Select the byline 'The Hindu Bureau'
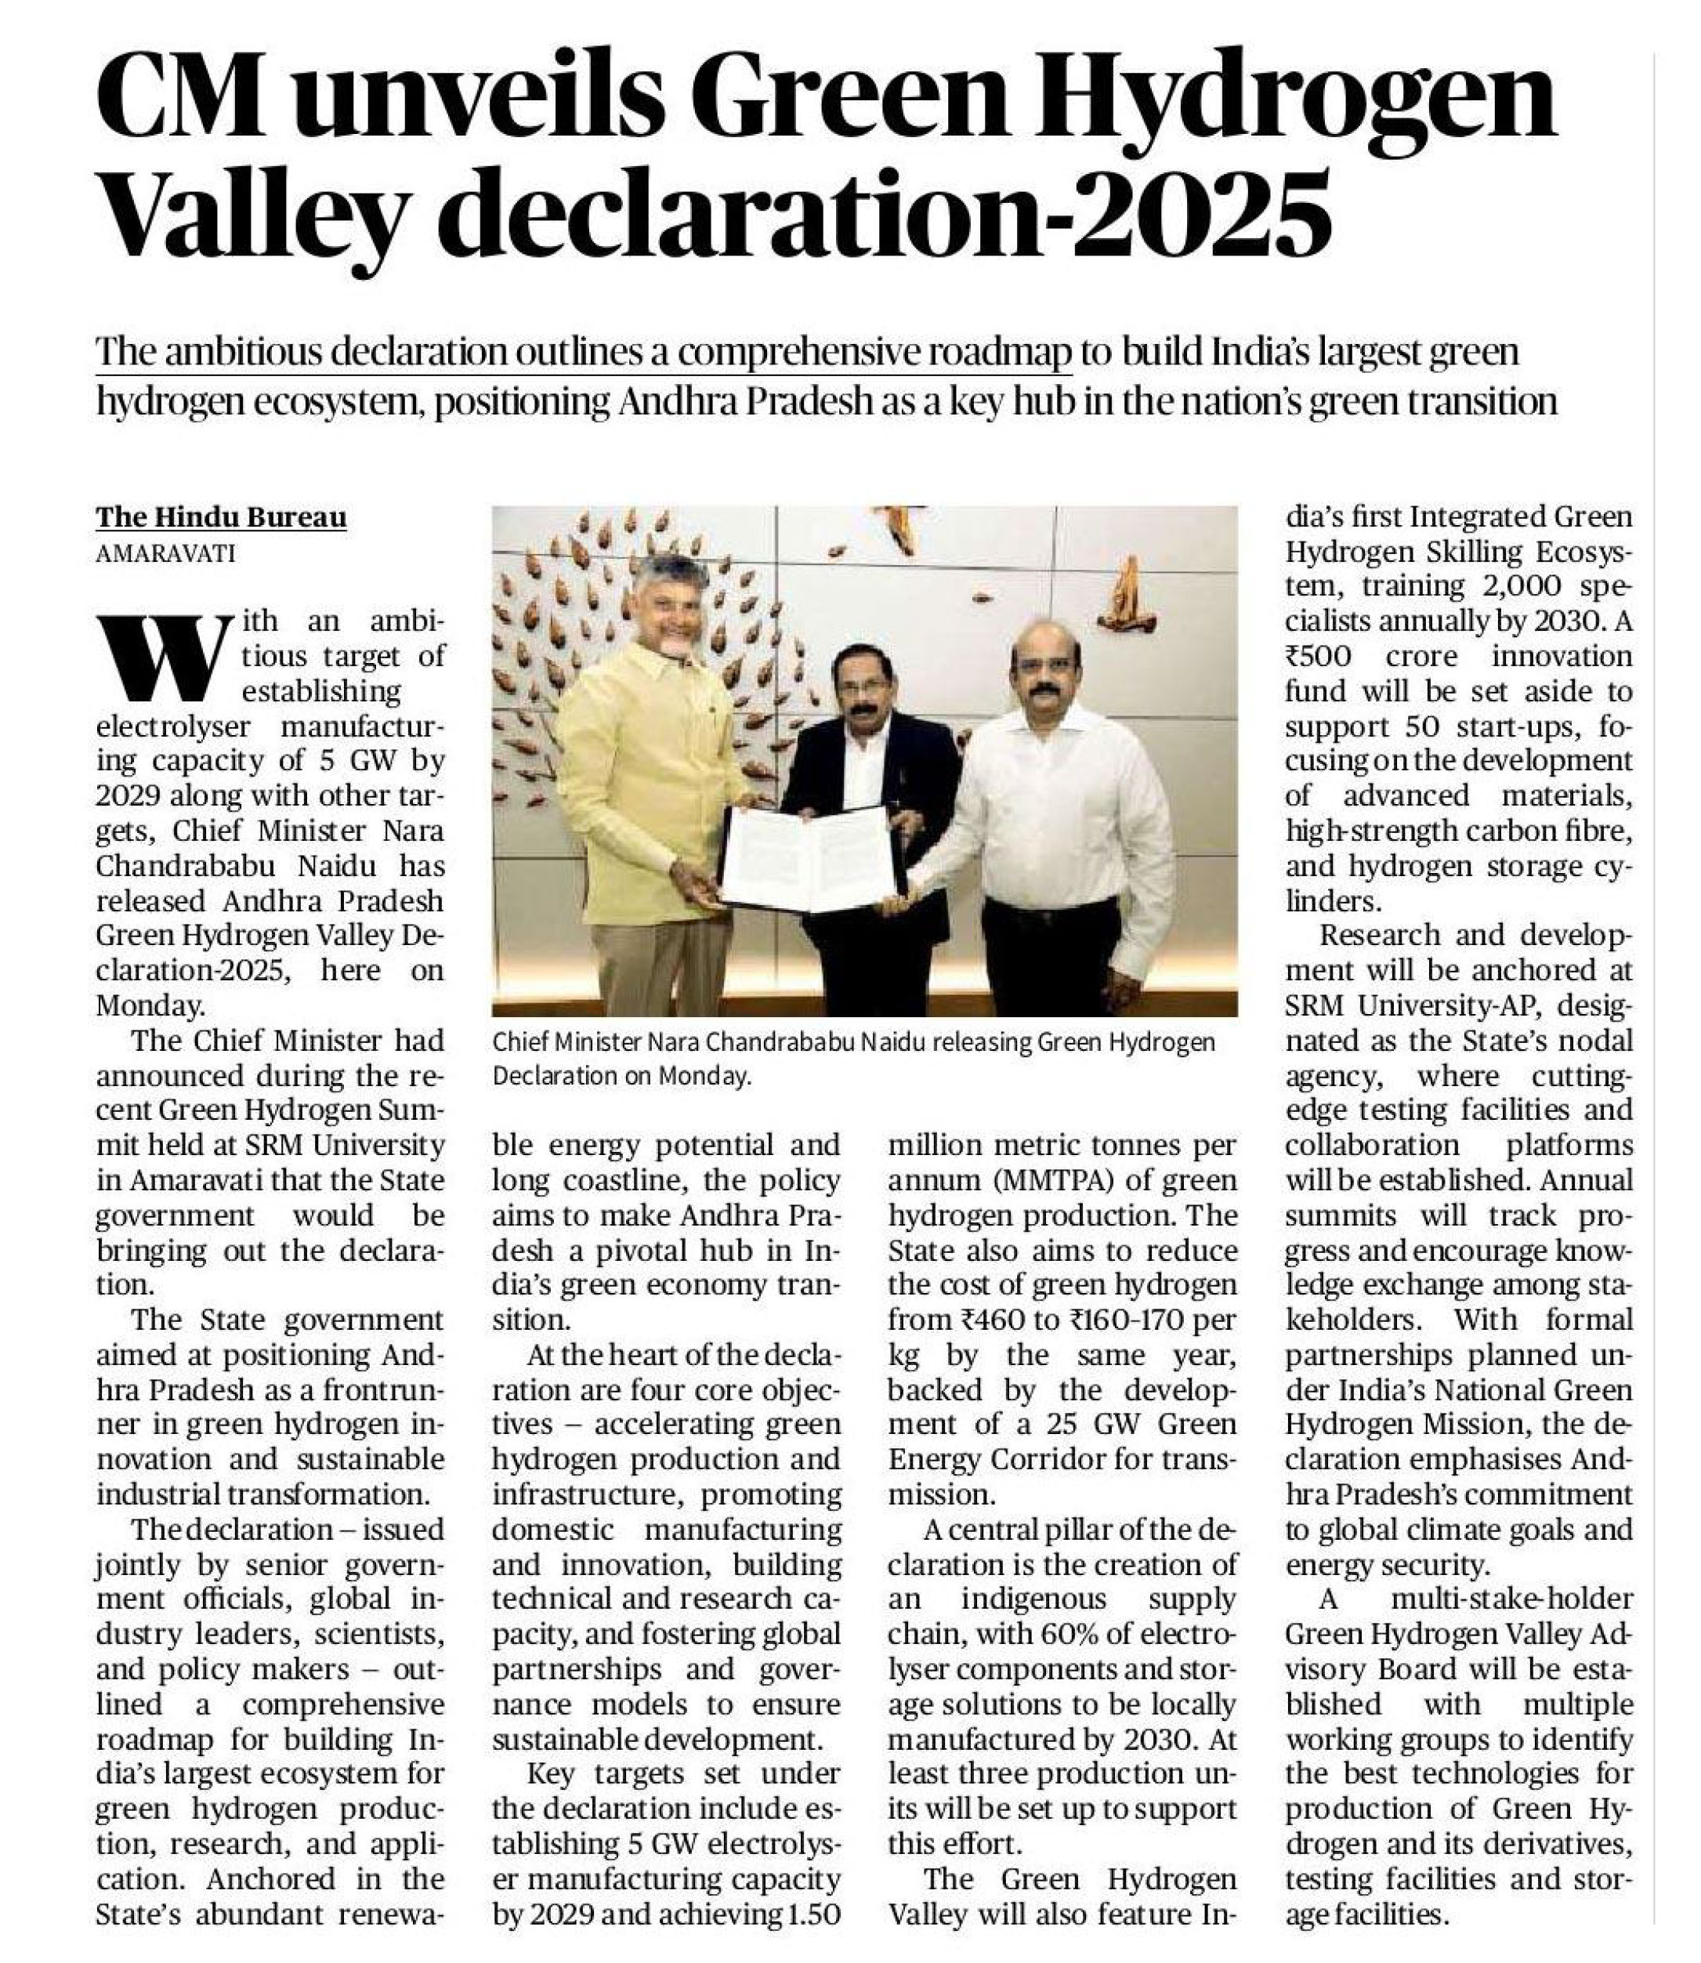[x=221, y=517]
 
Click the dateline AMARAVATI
[x=166, y=552]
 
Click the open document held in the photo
[x=812, y=859]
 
